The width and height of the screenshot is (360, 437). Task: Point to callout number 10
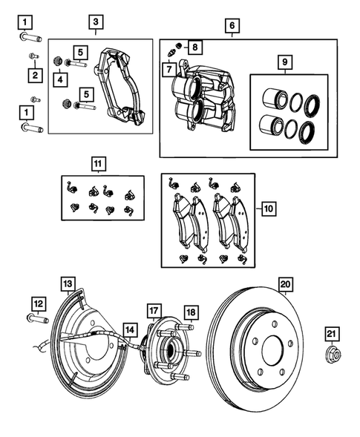[267, 210]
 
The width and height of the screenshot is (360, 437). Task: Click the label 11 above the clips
[98, 162]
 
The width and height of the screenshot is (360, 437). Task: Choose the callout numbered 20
[284, 284]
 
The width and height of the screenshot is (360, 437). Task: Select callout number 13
[68, 284]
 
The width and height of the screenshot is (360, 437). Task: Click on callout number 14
[129, 330]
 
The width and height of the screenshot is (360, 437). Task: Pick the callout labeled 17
[152, 310]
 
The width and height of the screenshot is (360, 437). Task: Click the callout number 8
[194, 47]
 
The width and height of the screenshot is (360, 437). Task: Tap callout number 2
[34, 74]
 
